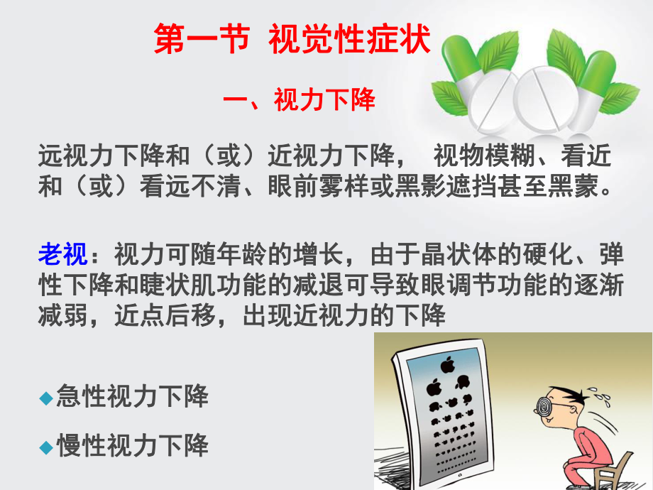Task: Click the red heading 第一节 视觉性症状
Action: click(x=292, y=40)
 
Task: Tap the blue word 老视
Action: click(x=63, y=252)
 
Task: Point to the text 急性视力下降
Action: click(x=132, y=397)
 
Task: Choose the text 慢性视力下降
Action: click(x=132, y=446)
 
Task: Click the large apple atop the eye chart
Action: click(x=447, y=366)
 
